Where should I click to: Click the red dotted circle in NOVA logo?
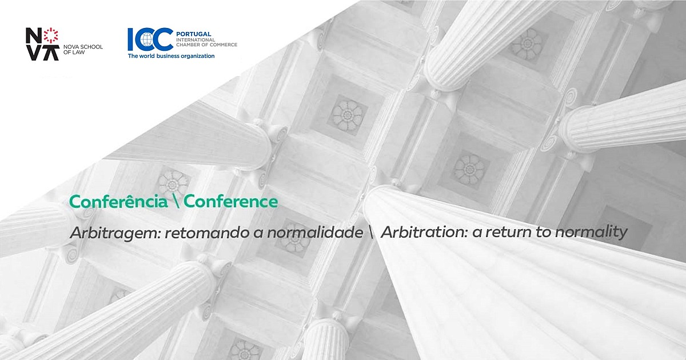pyautogui.click(x=51, y=35)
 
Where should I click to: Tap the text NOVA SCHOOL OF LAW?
pyautogui.click(x=83, y=50)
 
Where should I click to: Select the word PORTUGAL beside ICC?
pyautogui.click(x=194, y=34)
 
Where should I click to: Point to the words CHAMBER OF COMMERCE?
pyautogui.click(x=207, y=45)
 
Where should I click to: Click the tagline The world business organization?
pyautogui.click(x=171, y=56)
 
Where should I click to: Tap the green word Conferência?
pyautogui.click(x=118, y=201)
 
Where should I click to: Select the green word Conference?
pyautogui.click(x=230, y=201)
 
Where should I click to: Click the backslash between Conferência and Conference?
pyautogui.click(x=176, y=201)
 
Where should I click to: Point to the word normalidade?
pyautogui.click(x=315, y=233)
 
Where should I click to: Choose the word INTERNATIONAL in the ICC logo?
pyautogui.click(x=196, y=40)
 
